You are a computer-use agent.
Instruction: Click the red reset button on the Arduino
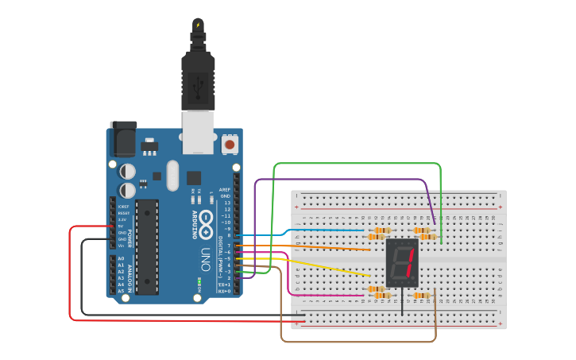(x=230, y=145)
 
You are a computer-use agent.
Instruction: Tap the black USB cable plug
(x=198, y=79)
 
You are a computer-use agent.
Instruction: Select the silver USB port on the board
(x=198, y=131)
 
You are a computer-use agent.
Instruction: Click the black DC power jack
(x=122, y=140)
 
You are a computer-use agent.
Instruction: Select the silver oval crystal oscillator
(x=172, y=176)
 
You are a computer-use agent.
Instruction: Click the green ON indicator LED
(x=199, y=282)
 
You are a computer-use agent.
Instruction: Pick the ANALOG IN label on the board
(x=131, y=275)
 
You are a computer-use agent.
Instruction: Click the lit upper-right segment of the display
(x=413, y=254)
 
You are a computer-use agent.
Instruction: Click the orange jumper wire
(x=318, y=247)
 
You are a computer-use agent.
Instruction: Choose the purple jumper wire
(x=342, y=180)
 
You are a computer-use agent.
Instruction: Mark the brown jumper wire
(x=358, y=342)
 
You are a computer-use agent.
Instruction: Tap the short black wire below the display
(x=402, y=303)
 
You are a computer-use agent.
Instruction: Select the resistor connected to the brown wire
(x=422, y=295)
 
